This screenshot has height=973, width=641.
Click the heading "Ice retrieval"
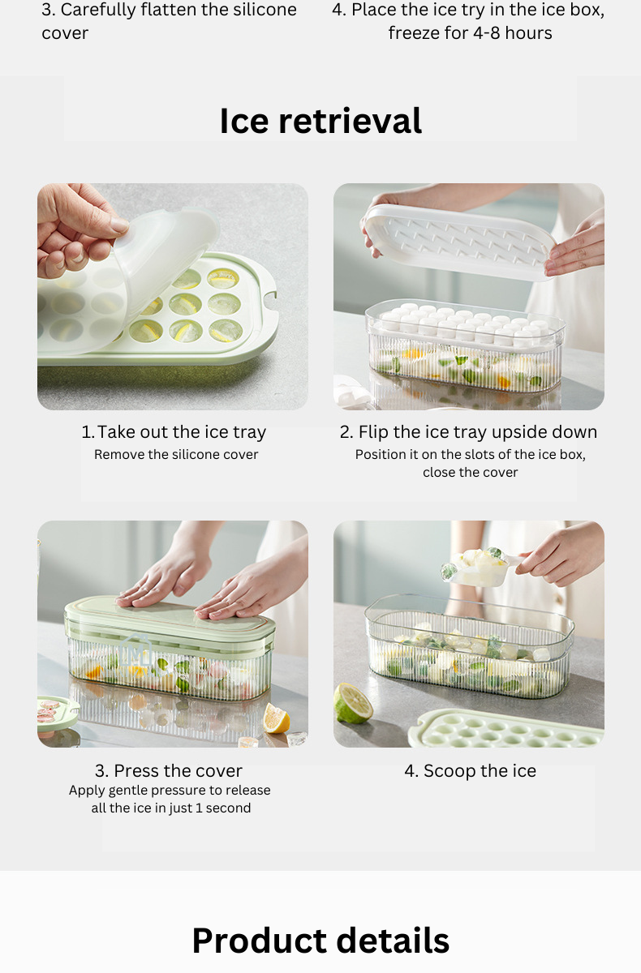pyautogui.click(x=320, y=121)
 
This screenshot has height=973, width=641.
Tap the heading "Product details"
pyautogui.click(x=320, y=940)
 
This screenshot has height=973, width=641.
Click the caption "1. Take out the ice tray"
pyautogui.click(x=174, y=432)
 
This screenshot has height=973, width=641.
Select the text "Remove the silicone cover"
pyautogui.click(x=176, y=454)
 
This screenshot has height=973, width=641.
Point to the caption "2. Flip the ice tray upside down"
pyautogui.click(x=468, y=432)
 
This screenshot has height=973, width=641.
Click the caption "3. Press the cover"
pyautogui.click(x=169, y=771)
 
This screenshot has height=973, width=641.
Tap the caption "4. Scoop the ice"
pyautogui.click(x=471, y=771)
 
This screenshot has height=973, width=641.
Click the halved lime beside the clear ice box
pyautogui.click(x=353, y=702)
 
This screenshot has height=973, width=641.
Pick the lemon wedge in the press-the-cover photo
pyautogui.click(x=277, y=718)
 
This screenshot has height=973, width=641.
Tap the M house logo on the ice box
pyautogui.click(x=136, y=651)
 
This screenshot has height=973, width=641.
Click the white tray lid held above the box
pyautogui.click(x=459, y=241)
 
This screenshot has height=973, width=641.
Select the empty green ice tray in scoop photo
pyautogui.click(x=506, y=728)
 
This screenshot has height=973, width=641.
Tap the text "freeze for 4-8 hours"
pyautogui.click(x=471, y=33)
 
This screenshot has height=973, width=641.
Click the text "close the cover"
pyautogui.click(x=471, y=472)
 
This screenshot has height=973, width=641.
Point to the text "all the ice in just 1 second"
pyautogui.click(x=170, y=808)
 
